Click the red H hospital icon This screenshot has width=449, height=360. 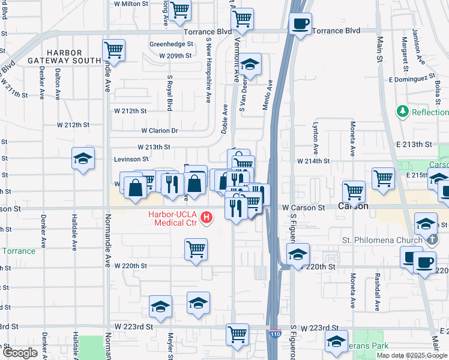pos(208,217)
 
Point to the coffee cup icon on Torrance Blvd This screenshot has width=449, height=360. pos(300,25)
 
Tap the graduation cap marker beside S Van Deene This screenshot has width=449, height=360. pos(250,64)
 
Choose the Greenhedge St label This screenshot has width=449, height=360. pos(171,44)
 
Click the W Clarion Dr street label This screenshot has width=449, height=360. pos(160,130)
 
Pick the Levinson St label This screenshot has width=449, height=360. pos(131,159)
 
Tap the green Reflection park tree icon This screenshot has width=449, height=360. pos(402,112)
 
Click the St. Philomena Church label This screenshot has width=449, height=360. pos(382,241)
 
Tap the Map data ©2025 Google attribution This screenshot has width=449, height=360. pos(412,355)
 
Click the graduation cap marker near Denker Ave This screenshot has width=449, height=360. pos(83,158)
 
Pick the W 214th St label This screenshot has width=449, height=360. pos(314,161)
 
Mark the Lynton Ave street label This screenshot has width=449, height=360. pos(315,139)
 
